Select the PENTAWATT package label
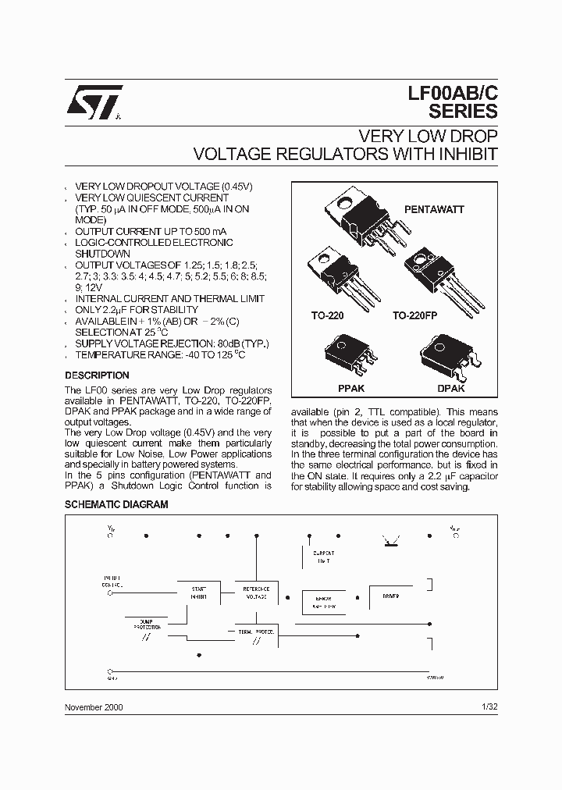(x=434, y=209)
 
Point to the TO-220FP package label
(x=417, y=317)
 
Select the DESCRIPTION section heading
(x=97, y=375)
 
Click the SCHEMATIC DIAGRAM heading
(x=116, y=505)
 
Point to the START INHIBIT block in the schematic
(x=198, y=592)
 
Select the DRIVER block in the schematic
(x=391, y=596)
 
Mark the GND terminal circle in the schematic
(x=109, y=671)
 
